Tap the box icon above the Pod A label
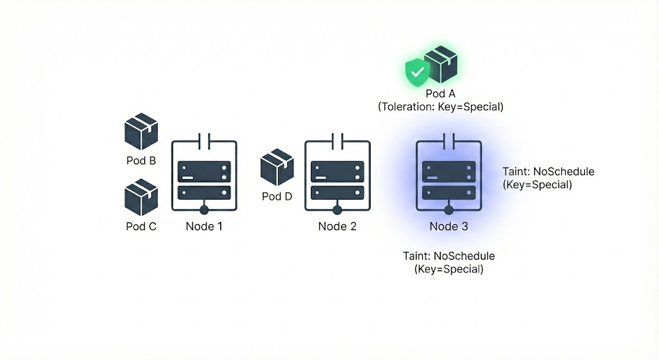point(441,64)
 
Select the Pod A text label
point(440,95)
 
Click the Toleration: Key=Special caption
point(440,107)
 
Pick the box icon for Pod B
point(141,132)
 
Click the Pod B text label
point(141,160)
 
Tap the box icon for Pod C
point(141,198)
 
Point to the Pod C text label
point(141,226)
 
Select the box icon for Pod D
point(277,167)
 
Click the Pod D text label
point(277,196)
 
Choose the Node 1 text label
point(204,226)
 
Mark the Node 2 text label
point(337,226)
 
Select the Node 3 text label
point(449,226)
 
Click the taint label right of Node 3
point(548,178)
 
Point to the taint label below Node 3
point(449,262)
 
